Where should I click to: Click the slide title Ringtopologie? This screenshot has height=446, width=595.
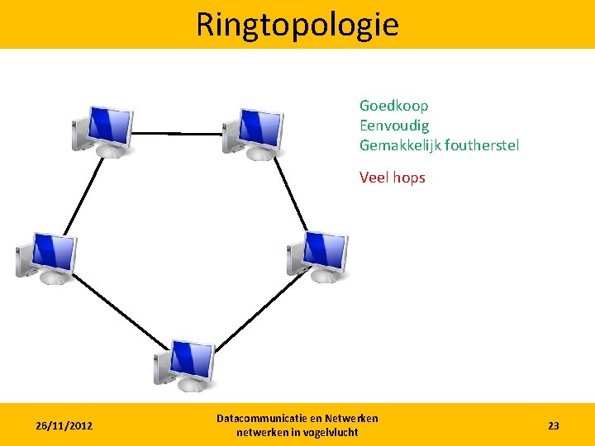click(x=297, y=25)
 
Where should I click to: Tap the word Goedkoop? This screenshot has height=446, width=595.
click(x=393, y=106)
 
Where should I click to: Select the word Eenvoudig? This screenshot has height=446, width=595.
click(x=394, y=126)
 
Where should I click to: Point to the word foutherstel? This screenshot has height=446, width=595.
click(x=482, y=145)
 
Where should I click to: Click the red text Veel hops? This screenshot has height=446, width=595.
click(x=392, y=177)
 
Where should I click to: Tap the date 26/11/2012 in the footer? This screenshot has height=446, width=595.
click(x=64, y=425)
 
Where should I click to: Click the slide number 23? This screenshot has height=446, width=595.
click(x=553, y=425)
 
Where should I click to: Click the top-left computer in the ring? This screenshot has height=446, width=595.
click(x=102, y=130)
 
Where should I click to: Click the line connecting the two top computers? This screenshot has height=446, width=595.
click(x=178, y=133)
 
